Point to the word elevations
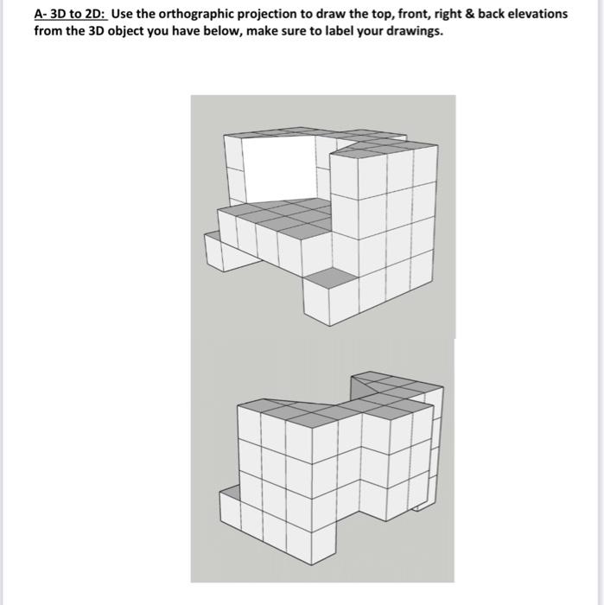point(535,15)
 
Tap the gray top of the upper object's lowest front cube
point(331,277)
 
